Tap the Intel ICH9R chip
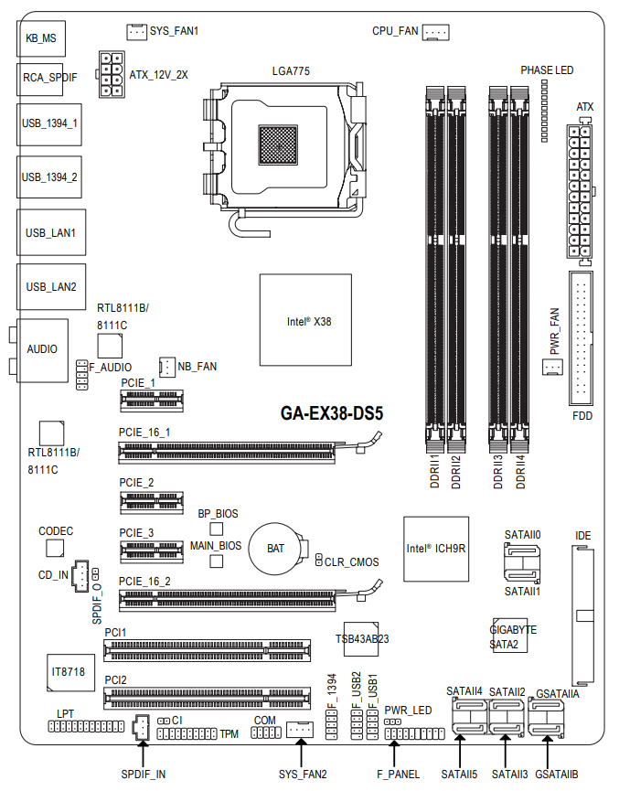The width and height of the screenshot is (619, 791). (436, 549)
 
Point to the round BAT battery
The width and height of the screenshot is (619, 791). (276, 549)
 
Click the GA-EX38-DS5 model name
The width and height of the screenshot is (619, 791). (331, 413)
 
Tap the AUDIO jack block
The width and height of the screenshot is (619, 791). (42, 349)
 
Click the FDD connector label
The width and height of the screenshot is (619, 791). (582, 414)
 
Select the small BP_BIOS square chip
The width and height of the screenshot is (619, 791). (217, 529)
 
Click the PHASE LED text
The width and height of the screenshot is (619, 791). (547, 69)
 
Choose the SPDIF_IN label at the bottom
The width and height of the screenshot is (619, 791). (143, 775)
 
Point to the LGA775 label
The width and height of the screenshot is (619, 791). (290, 70)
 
